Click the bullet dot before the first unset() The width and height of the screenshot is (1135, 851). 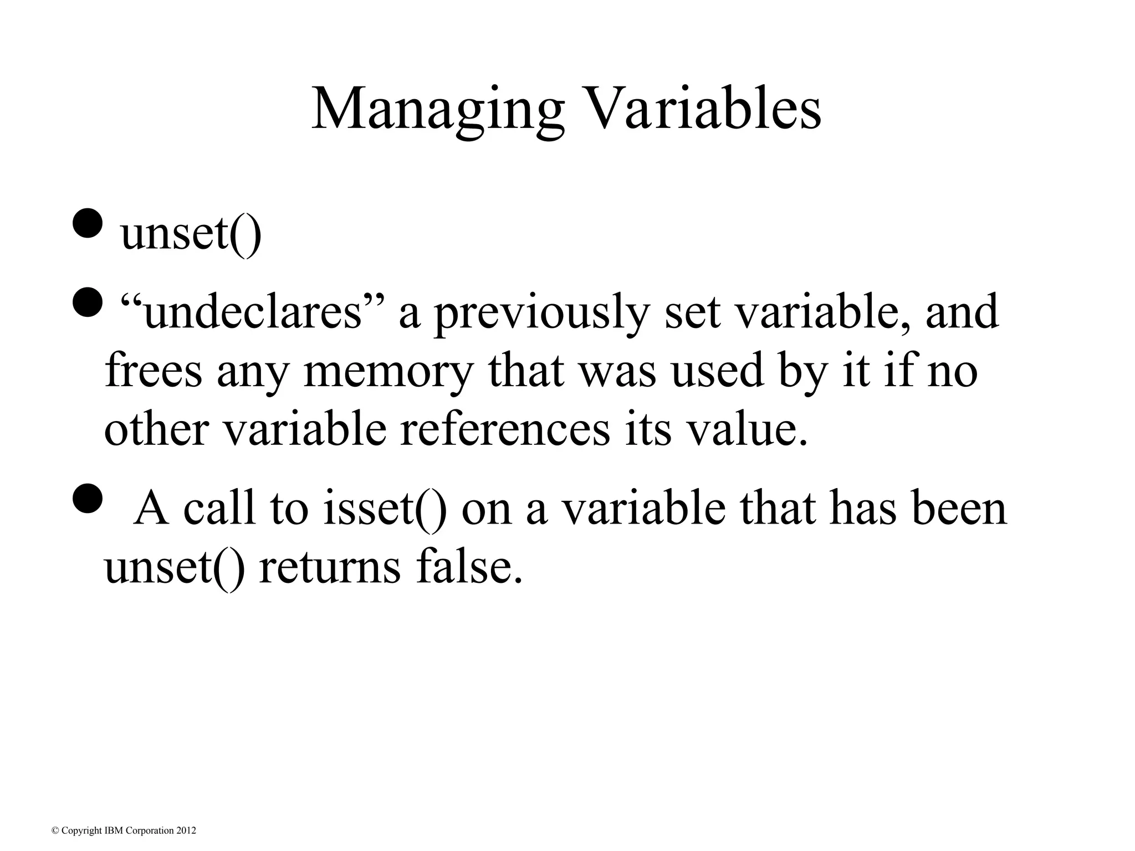[87, 224]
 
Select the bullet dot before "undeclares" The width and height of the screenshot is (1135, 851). [87, 303]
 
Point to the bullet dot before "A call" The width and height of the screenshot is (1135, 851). [87, 498]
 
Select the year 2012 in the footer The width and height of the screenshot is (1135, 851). [186, 831]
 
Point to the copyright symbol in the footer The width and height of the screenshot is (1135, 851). [54, 831]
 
